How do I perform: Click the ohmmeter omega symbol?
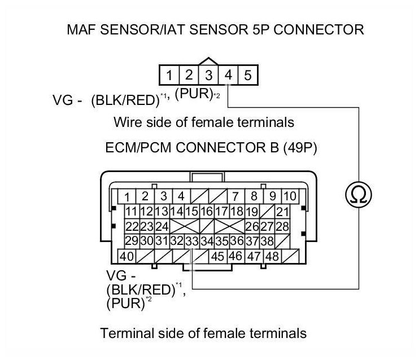(359, 194)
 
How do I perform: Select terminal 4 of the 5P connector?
(228, 75)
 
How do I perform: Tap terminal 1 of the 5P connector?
(169, 75)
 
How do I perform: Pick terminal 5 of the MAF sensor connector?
(248, 75)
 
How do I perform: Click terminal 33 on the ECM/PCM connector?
(193, 242)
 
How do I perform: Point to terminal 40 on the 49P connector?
(126, 256)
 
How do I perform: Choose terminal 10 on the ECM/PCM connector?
(290, 196)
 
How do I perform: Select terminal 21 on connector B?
(282, 212)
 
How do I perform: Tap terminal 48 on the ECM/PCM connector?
(273, 256)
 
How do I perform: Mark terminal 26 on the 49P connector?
(252, 227)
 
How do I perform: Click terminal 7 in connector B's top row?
(235, 196)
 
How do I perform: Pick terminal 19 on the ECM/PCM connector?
(252, 212)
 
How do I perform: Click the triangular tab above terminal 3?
(208, 61)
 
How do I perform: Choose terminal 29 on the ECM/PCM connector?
(132, 242)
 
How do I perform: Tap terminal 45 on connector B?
(218, 256)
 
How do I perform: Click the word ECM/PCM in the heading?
(138, 148)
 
